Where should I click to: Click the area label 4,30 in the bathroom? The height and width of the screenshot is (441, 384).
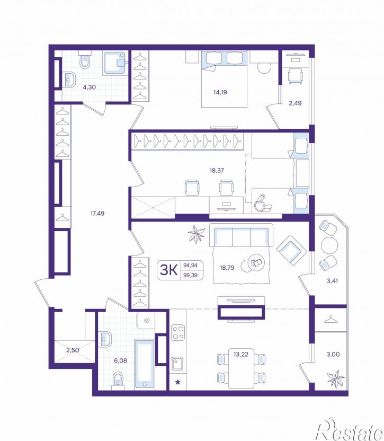click(x=89, y=87)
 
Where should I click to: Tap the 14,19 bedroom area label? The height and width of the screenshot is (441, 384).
click(x=220, y=92)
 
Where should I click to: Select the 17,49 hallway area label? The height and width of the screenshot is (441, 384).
click(x=97, y=214)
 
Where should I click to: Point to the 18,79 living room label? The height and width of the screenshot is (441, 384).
click(x=227, y=268)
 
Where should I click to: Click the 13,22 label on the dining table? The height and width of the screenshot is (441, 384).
click(x=241, y=354)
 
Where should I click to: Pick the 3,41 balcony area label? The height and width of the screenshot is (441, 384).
click(x=332, y=280)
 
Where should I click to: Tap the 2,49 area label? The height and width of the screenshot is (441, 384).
click(x=295, y=103)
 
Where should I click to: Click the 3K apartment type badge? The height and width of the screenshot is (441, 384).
click(x=168, y=270)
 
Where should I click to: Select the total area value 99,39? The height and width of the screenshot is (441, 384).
click(x=190, y=275)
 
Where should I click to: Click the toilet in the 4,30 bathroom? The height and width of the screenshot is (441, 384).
click(x=85, y=59)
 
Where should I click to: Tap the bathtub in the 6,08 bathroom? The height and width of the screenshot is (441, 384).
click(x=145, y=364)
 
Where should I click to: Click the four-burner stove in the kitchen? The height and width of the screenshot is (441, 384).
click(x=178, y=332)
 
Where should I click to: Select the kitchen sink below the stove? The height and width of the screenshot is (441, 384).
click(x=177, y=363)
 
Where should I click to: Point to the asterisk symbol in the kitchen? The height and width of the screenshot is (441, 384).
click(x=177, y=382)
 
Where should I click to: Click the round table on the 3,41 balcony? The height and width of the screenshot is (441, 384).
click(x=329, y=245)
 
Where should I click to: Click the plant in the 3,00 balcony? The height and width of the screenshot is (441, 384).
click(x=336, y=378)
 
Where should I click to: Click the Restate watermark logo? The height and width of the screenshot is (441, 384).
click(x=350, y=432)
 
